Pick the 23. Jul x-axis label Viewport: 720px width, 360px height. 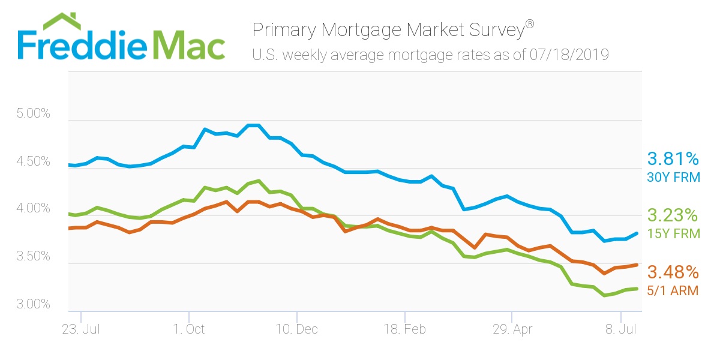(80, 329)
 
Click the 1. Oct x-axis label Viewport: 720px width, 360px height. (188, 329)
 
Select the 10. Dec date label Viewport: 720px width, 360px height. (296, 329)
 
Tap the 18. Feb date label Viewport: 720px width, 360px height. (404, 329)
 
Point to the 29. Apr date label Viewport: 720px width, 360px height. (512, 329)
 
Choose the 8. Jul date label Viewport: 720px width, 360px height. (620, 329)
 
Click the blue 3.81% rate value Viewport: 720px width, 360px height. (673, 159)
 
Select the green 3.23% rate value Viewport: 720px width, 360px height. (673, 215)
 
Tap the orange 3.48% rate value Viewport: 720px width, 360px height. (673, 272)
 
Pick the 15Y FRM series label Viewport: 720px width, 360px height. (673, 233)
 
